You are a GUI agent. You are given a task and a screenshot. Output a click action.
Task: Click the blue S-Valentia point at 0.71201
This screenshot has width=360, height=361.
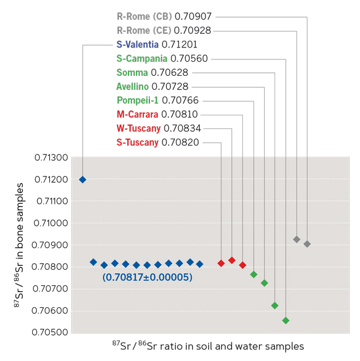click(83, 179)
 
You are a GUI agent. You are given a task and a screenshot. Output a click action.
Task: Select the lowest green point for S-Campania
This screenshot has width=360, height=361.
click(286, 320)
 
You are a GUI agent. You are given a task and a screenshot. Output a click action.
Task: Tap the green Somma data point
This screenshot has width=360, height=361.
click(275, 306)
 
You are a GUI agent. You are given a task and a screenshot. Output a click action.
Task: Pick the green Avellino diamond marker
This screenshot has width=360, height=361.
click(264, 283)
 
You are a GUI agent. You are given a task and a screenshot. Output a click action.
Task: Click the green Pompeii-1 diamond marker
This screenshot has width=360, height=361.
click(254, 274)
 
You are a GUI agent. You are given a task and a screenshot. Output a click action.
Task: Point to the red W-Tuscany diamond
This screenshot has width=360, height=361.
click(232, 260)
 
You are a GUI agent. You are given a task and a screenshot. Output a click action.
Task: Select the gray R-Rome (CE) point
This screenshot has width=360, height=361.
click(297, 239)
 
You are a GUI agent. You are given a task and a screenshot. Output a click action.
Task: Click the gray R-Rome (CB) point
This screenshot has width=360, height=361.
click(307, 244)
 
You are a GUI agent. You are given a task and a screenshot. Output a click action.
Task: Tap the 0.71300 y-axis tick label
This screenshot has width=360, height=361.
click(52, 158)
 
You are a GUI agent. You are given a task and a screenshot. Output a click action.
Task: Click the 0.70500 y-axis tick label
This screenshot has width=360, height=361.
click(52, 333)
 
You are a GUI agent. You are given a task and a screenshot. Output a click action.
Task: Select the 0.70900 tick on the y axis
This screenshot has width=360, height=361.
click(52, 245)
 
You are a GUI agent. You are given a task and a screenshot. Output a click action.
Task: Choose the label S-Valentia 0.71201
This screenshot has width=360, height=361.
click(157, 44)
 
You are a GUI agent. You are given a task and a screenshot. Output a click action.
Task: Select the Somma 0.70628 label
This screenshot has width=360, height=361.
click(152, 72)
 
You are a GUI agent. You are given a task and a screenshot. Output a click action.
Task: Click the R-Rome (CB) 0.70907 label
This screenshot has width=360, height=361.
click(164, 16)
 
